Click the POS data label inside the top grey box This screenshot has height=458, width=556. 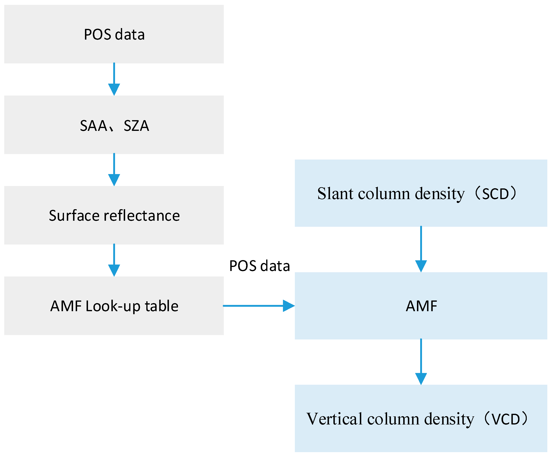coord(114,35)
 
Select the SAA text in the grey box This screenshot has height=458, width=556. coord(93,126)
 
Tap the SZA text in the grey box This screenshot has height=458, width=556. coord(136,126)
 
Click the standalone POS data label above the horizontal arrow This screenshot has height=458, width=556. coord(259,266)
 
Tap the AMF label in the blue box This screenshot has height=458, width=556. coord(421,306)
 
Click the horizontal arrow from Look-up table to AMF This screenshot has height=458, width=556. coord(259,306)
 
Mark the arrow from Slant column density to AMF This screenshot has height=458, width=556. coord(421,249)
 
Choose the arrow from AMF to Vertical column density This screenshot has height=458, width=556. coord(421,362)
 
